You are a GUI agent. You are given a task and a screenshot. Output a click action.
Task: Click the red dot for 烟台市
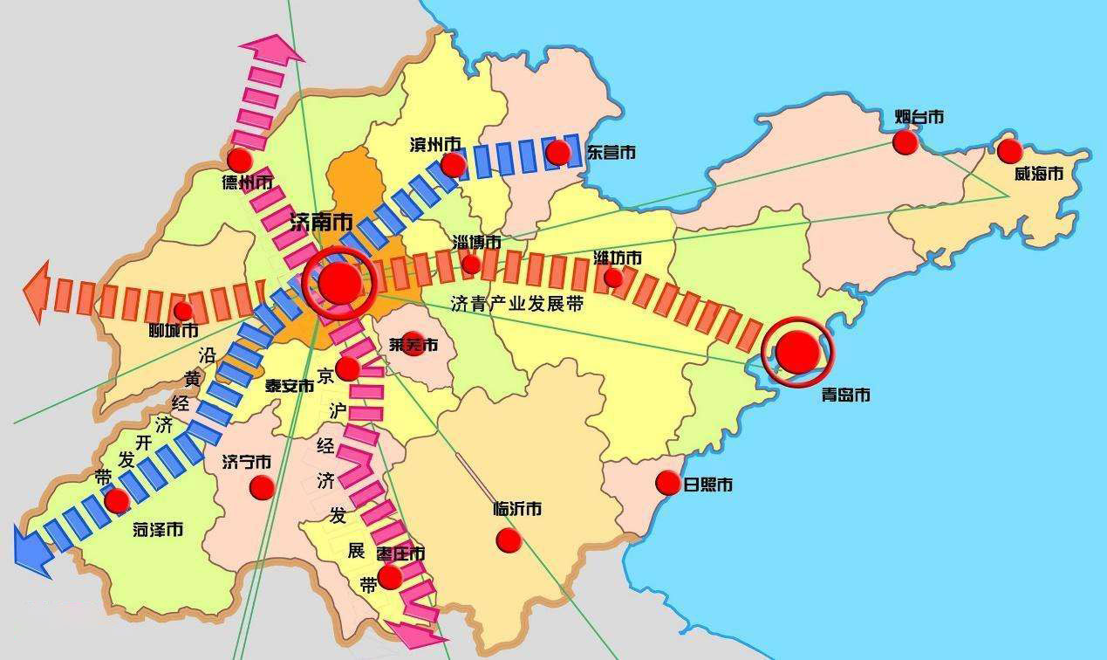905,142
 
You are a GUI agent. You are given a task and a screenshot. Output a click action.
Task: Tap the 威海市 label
1038,175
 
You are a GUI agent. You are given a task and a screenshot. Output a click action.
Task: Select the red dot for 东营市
558,153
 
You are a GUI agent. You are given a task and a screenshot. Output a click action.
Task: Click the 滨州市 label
435,144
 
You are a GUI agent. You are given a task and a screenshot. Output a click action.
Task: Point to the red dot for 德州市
239,160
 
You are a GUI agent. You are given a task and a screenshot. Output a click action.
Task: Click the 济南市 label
320,223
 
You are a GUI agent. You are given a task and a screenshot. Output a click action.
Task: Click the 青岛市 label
845,395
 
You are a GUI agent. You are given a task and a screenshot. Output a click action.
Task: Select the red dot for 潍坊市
613,278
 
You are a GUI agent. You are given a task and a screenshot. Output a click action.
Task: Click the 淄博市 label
477,242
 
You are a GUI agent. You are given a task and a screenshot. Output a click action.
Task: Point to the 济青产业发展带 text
516,304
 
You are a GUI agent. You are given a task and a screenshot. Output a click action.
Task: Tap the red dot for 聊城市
183,311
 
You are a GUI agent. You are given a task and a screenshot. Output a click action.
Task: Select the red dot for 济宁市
262,487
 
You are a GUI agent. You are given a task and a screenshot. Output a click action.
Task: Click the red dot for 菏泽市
117,500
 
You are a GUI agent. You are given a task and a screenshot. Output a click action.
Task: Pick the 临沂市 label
517,508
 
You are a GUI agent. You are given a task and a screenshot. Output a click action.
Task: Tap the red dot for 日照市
668,483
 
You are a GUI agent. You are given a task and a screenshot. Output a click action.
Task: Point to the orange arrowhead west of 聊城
37,292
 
